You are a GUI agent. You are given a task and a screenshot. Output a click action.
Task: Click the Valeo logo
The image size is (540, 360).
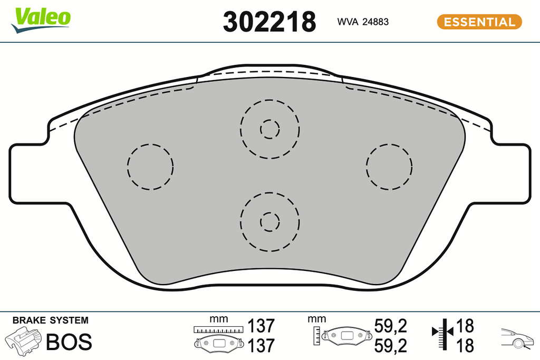click(x=41, y=20)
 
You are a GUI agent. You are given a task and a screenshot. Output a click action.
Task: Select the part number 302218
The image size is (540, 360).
click(x=269, y=22)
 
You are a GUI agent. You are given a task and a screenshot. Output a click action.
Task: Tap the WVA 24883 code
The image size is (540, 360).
click(x=363, y=22)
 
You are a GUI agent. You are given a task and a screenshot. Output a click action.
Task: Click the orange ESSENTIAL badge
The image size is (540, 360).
click(x=479, y=22)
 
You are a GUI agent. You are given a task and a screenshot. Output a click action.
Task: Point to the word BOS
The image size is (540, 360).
click(x=69, y=342)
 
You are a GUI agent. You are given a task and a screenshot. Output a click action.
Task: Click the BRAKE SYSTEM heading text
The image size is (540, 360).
click(x=50, y=320)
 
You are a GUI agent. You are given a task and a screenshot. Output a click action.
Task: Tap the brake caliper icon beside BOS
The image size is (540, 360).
click(x=23, y=340)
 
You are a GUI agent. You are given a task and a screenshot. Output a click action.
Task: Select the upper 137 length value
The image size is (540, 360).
click(x=262, y=326)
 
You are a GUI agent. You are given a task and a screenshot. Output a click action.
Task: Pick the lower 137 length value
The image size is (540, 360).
click(x=262, y=345)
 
